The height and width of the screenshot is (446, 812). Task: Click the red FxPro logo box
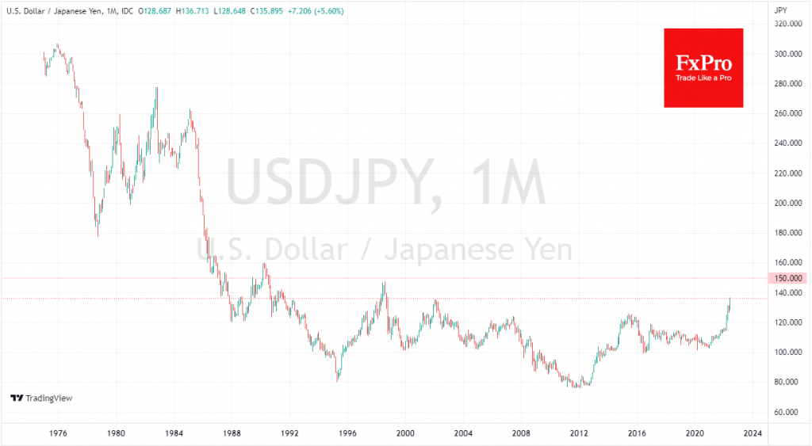703,67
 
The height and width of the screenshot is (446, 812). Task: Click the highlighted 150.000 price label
787,278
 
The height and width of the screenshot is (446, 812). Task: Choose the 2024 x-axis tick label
754,433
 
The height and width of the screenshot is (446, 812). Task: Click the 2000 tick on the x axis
405,433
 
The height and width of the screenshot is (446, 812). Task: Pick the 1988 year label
232,433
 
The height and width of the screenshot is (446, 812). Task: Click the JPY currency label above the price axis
782,10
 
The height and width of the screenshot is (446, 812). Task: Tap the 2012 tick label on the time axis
580,433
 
